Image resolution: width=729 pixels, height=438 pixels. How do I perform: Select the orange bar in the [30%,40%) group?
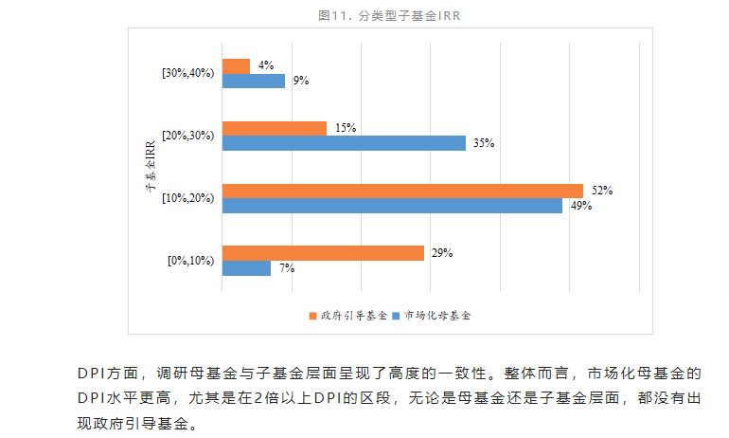tap(237, 66)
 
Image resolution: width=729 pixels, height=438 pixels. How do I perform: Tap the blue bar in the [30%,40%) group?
tap(254, 82)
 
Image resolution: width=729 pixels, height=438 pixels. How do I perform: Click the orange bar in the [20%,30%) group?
tap(275, 128)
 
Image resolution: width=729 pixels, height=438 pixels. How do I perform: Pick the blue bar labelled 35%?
tap(344, 143)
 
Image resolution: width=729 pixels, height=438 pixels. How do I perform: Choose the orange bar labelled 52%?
tap(402, 191)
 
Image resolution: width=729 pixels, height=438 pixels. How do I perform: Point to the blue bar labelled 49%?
tap(392, 206)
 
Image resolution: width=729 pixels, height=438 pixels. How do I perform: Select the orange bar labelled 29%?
tap(323, 253)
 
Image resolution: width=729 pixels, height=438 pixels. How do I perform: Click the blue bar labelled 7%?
tap(246, 268)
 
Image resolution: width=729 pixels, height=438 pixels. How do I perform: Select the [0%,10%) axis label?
tap(189, 261)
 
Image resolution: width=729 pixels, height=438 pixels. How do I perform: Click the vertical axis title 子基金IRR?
tap(150, 167)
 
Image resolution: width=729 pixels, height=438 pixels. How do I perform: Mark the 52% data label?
tap(601, 191)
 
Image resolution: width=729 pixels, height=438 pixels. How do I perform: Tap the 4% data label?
tap(266, 66)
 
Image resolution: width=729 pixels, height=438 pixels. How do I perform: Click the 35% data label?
tap(484, 143)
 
